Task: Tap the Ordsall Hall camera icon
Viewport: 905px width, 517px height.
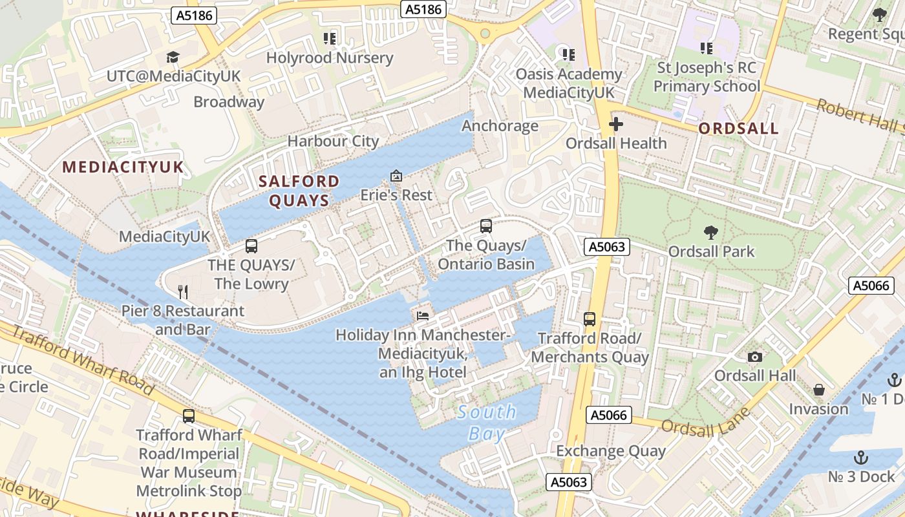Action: pyautogui.click(x=754, y=357)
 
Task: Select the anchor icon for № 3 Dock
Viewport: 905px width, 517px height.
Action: pyautogui.click(x=860, y=458)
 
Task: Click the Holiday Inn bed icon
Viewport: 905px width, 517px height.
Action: pyautogui.click(x=422, y=316)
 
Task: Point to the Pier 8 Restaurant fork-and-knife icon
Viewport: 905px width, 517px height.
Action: pyautogui.click(x=183, y=292)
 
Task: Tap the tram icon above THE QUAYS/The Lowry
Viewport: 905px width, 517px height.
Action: pyautogui.click(x=251, y=246)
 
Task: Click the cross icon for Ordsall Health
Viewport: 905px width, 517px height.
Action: pyautogui.click(x=616, y=124)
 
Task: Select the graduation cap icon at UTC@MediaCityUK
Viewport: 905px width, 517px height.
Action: pyautogui.click(x=173, y=58)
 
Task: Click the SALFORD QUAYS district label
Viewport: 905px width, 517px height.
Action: pyautogui.click(x=299, y=191)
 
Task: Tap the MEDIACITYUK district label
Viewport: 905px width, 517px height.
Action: pyautogui.click(x=123, y=167)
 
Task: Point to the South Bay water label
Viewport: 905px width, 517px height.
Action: pyautogui.click(x=487, y=423)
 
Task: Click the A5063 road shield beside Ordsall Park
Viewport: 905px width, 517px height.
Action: pyautogui.click(x=606, y=246)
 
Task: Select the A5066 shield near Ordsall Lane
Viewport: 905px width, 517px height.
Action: pyautogui.click(x=609, y=415)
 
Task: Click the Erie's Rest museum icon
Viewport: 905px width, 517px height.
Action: pyautogui.click(x=396, y=176)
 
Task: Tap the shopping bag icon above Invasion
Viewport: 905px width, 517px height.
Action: pyautogui.click(x=818, y=390)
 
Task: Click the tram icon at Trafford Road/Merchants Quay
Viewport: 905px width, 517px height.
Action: pyautogui.click(x=590, y=319)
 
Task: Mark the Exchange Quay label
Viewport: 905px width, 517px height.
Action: pyautogui.click(x=611, y=450)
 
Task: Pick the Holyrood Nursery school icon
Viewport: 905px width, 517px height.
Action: pyautogui.click(x=330, y=39)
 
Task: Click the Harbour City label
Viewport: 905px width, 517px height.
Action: pyautogui.click(x=333, y=141)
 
